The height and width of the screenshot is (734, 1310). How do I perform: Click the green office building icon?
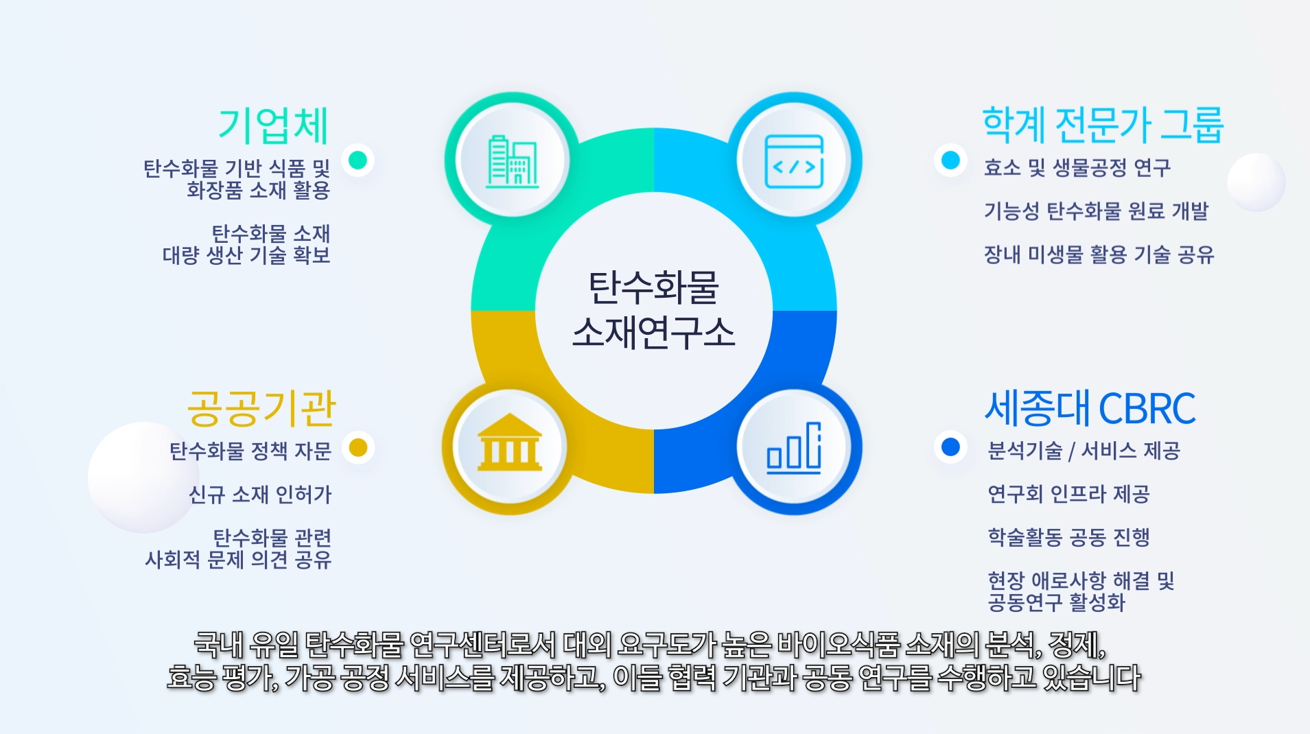pos(512,161)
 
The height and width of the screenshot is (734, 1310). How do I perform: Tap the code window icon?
pos(794,161)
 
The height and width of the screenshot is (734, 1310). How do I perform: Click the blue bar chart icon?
pos(794,447)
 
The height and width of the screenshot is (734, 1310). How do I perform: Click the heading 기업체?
pos(274,126)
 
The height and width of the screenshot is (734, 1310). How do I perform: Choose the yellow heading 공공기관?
pos(261,408)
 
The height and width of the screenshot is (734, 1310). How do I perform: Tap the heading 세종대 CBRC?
pos(1090,408)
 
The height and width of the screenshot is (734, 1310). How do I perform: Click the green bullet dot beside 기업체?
pos(358,160)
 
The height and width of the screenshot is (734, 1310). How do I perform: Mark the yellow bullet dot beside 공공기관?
pos(358,447)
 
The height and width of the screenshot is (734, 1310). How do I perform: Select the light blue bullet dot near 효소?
pos(950,160)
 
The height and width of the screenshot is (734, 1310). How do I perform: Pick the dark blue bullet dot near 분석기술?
pos(950,447)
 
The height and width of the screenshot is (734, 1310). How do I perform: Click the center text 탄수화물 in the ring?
pos(653,287)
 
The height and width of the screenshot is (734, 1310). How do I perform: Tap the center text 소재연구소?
pos(653,332)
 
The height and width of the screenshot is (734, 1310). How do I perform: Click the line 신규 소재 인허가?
pos(260,494)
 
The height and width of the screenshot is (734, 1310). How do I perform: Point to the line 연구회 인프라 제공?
pos(1068,494)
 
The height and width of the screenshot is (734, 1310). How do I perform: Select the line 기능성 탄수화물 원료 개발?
pos(1097,211)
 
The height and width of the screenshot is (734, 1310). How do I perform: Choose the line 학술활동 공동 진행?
pos(1068,537)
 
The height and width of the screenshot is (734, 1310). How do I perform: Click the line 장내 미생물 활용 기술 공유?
pos(1099,254)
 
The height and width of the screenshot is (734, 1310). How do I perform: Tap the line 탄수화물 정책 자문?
pos(250,451)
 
